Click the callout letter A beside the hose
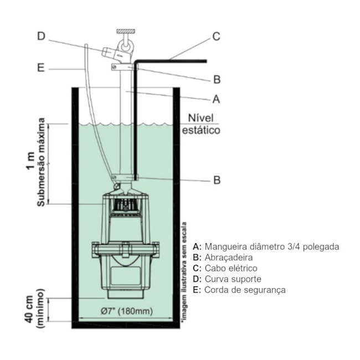point(217,99)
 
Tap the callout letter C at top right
point(217,37)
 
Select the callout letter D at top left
point(42,37)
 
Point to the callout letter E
point(41,69)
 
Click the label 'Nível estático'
point(201,125)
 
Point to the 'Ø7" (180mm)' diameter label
point(127,311)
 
